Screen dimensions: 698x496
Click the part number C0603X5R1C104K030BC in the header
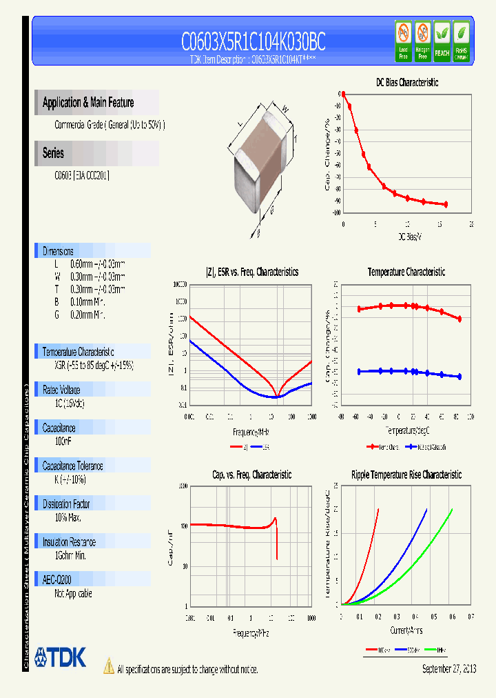[x=253, y=43]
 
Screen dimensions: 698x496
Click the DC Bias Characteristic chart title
[x=406, y=83]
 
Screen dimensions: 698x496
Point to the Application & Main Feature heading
[x=88, y=103]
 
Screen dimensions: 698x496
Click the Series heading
[x=54, y=154]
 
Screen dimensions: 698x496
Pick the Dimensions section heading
[x=58, y=251]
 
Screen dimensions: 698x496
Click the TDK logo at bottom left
[x=60, y=657]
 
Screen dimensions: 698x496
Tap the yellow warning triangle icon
[x=108, y=666]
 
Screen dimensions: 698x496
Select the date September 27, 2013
[x=448, y=669]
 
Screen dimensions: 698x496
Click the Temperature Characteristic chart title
[x=406, y=272]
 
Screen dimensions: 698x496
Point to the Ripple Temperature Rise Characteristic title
[x=406, y=475]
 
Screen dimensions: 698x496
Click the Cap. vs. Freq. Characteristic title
[x=251, y=475]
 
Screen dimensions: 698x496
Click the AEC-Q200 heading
[x=57, y=580]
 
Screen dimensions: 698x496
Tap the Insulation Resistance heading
[x=69, y=542]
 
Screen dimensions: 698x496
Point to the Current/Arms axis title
[x=406, y=630]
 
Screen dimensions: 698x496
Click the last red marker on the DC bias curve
[x=446, y=204]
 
